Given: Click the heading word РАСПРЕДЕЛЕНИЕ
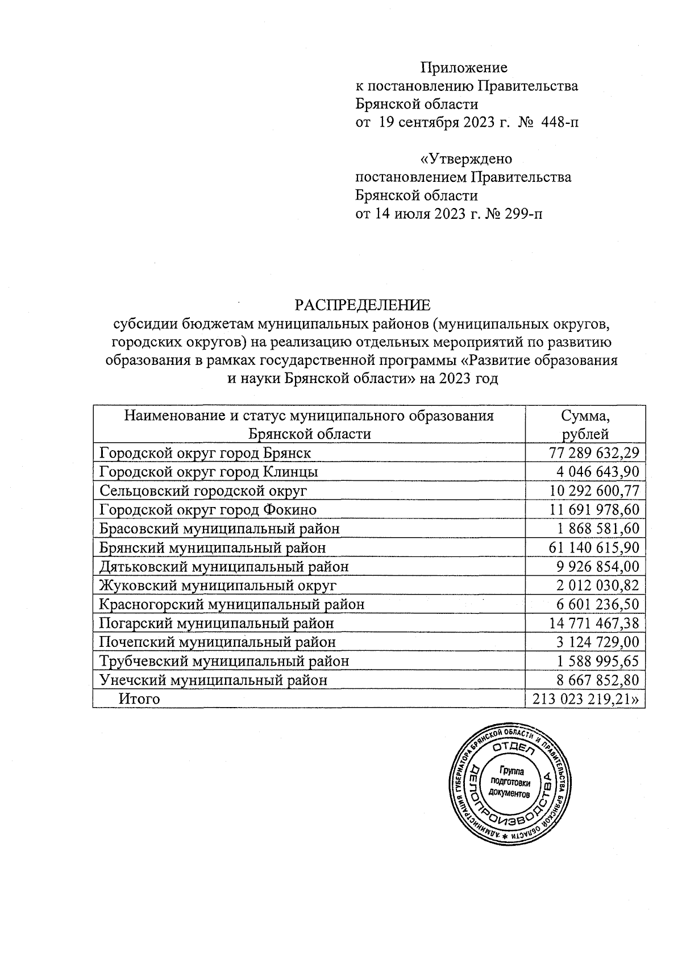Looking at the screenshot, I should click(362, 305).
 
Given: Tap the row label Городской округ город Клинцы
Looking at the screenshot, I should click(209, 472).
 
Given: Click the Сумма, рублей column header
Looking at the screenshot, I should click(585, 425).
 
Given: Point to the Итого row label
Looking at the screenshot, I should click(139, 699).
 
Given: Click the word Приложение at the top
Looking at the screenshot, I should click(464, 68).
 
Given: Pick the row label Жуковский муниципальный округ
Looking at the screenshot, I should click(218, 585).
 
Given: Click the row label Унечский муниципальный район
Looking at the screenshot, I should click(213, 680).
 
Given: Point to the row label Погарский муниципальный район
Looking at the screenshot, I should click(217, 623).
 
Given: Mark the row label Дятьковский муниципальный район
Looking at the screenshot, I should click(224, 566).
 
